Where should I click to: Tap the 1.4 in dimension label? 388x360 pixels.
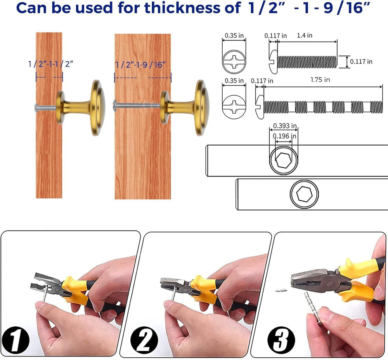tap(305, 35)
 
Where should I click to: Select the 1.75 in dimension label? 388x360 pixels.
tap(320, 80)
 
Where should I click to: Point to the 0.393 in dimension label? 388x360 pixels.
tap(285, 126)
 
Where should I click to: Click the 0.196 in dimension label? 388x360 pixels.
tap(284, 136)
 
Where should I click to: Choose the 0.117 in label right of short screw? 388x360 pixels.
tap(361, 61)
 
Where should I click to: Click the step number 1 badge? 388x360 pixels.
tap(16, 339)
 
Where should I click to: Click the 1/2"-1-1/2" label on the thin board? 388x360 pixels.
tap(51, 64)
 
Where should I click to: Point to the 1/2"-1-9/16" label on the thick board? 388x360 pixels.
tap(140, 65)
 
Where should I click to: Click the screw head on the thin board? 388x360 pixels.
tap(36, 107)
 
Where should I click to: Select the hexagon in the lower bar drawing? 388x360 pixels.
tap(304, 193)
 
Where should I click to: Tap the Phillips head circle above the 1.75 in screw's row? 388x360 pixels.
tap(234, 61)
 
